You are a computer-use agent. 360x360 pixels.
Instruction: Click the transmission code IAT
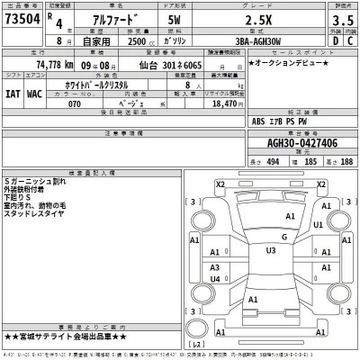13,93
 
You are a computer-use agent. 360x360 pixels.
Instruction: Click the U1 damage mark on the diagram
318,225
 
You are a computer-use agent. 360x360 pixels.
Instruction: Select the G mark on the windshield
284,236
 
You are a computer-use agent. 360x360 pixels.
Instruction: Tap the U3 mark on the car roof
270,249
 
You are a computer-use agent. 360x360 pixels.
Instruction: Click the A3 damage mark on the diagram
215,268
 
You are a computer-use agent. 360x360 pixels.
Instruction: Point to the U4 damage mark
215,279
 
